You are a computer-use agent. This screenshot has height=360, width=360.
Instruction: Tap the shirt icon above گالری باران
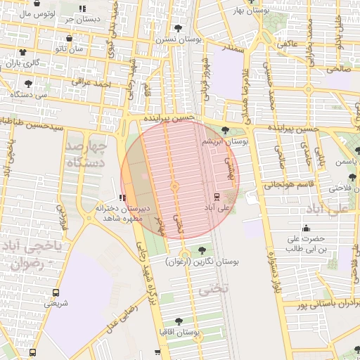coord(22,52)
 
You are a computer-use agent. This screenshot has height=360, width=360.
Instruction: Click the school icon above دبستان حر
coord(82,8)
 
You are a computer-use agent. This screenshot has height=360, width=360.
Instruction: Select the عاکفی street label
coord(288,44)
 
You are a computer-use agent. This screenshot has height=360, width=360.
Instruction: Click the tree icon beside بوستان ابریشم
coord(224,130)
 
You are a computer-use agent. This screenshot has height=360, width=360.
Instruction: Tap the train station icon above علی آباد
coord(216,196)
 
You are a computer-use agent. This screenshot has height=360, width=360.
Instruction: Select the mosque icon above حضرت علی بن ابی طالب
coord(305,228)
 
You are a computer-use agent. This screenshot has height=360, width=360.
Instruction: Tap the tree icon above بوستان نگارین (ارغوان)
coord(202,250)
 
